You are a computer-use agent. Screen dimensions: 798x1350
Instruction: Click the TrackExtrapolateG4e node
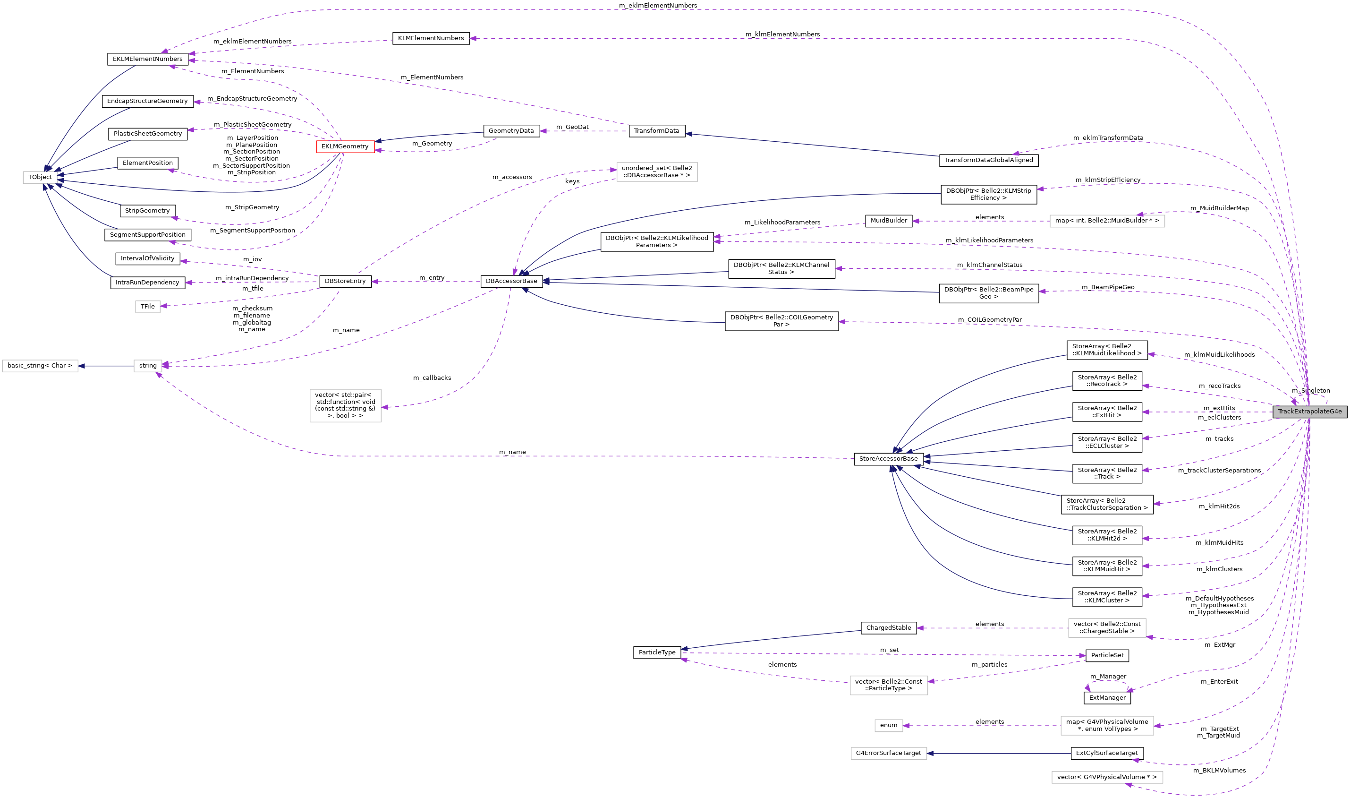(x=1309, y=412)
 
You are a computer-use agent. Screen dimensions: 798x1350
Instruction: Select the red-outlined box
(x=345, y=147)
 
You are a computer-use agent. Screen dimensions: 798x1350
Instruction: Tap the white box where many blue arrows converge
(x=40, y=178)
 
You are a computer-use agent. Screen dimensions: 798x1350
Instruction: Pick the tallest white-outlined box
(x=345, y=405)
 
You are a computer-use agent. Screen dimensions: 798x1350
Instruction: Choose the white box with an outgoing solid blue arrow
(x=148, y=366)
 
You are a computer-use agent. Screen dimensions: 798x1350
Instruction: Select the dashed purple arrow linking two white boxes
(x=984, y=725)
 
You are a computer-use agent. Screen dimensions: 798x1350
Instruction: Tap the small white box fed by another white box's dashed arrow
(x=888, y=725)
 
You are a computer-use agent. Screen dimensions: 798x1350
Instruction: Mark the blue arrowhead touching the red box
(x=378, y=141)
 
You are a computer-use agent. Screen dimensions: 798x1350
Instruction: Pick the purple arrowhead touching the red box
(x=378, y=151)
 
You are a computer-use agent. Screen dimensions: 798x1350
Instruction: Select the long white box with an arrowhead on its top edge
(x=1107, y=221)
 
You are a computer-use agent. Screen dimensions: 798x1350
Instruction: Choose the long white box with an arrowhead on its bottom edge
(x=1107, y=777)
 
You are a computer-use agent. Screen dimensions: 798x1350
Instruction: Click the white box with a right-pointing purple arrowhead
(x=657, y=172)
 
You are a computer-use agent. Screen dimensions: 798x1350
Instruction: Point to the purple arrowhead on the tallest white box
(x=385, y=407)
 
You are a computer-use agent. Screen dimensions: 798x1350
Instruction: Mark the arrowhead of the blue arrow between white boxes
(x=82, y=366)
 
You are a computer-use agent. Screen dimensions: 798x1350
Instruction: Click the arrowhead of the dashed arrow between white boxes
(x=907, y=725)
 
